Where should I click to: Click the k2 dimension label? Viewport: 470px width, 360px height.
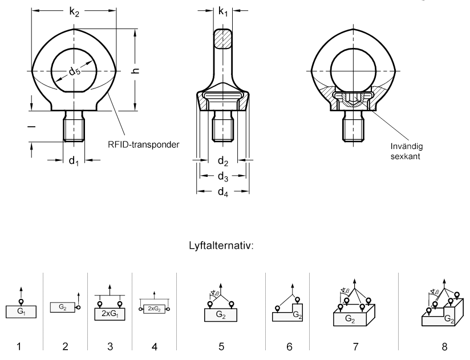click(74, 12)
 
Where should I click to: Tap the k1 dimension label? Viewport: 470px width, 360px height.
click(224, 11)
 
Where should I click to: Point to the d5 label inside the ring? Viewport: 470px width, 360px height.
click(74, 71)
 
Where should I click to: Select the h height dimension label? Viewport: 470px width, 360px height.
click(136, 71)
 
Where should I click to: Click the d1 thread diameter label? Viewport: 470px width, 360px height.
click(74, 161)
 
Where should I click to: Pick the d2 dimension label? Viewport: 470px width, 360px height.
click(223, 161)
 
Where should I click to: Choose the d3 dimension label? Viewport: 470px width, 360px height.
click(223, 176)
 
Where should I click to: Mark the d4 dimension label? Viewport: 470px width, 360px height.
click(223, 192)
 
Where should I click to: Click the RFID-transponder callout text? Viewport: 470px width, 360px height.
click(144, 144)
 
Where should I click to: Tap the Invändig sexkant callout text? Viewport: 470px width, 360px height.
click(407, 151)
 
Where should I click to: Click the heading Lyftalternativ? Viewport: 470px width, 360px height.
click(221, 246)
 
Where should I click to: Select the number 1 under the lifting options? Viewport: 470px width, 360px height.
click(19, 347)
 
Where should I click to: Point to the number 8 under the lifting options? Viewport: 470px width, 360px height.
click(444, 347)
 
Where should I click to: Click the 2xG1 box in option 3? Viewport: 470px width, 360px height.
click(110, 314)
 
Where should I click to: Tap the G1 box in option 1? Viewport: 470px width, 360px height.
click(21, 312)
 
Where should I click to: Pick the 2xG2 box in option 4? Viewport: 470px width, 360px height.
click(154, 309)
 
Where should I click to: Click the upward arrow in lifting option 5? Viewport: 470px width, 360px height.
click(221, 289)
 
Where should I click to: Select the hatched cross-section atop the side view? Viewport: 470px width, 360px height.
click(222, 39)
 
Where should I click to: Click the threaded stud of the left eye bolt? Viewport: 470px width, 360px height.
click(74, 126)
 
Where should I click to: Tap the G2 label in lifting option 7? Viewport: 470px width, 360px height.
click(350, 318)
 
